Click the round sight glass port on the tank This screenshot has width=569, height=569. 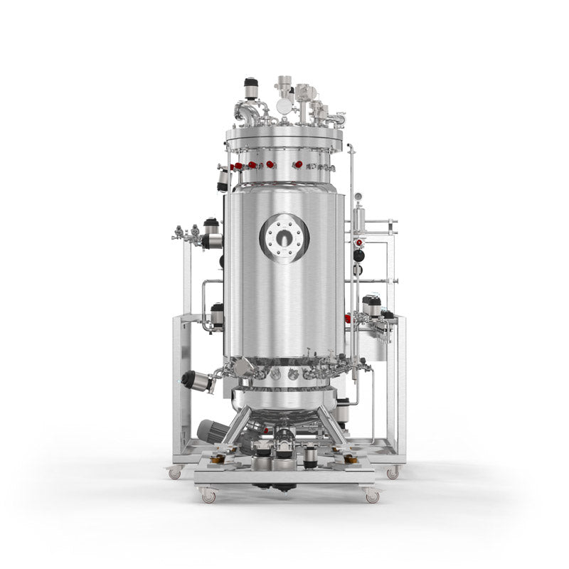tap(284, 238)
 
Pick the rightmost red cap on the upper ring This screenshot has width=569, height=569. tap(298, 164)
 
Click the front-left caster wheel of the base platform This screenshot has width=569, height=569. tap(208, 496)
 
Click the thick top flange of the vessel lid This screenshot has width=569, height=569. tap(284, 134)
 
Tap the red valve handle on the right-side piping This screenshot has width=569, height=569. tap(358, 243)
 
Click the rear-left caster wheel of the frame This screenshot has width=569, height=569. tap(175, 472)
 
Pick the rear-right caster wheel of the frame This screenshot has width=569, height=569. tap(393, 472)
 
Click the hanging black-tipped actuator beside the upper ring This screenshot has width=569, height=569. tap(223, 181)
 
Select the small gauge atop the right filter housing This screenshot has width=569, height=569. tap(358, 196)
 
